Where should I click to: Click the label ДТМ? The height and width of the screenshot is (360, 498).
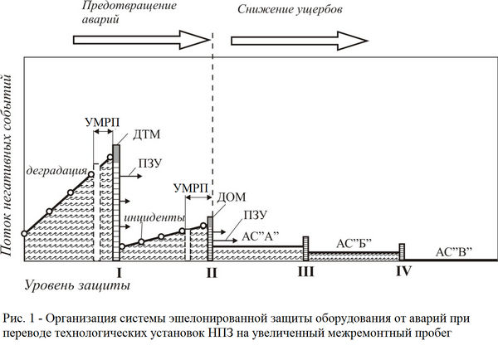(146, 134)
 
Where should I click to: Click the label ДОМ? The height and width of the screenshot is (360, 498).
(232, 197)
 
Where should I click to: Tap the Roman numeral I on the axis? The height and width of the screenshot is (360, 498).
(119, 272)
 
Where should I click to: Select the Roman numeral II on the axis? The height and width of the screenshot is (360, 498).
(212, 272)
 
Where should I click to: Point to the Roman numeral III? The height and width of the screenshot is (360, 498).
(305, 272)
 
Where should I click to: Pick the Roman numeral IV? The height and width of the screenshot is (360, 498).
(403, 271)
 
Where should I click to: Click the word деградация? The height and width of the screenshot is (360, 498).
(56, 171)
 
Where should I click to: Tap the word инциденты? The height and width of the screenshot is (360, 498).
(154, 218)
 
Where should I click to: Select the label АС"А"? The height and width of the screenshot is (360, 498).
(260, 236)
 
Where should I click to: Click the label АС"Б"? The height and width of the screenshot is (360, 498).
(354, 244)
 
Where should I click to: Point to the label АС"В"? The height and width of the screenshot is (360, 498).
(453, 252)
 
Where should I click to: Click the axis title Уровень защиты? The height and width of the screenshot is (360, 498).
(77, 285)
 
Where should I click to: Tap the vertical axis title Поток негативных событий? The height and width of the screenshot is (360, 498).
(7, 165)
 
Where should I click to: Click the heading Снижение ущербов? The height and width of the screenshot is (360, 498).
(290, 9)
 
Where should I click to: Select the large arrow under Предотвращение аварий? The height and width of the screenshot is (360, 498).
(140, 40)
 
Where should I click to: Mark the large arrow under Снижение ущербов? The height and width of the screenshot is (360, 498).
(299, 41)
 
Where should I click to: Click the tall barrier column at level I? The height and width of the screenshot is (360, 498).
(116, 202)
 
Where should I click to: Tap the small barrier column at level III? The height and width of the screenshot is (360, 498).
(305, 249)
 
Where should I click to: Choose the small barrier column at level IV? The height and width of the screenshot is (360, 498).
(402, 252)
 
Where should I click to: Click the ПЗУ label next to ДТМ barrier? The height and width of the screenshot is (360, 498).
(150, 163)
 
